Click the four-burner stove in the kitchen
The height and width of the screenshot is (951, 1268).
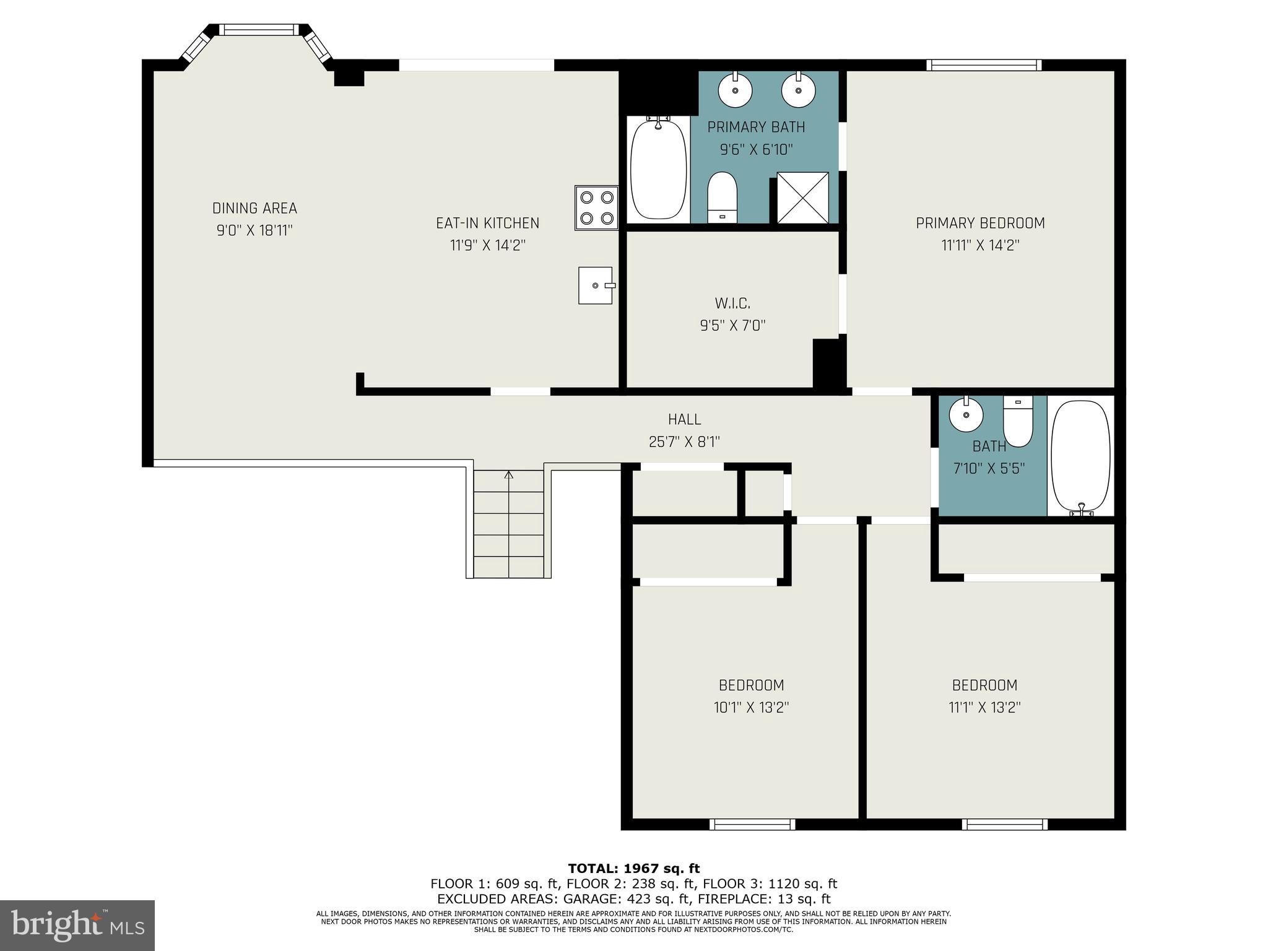click(596, 208)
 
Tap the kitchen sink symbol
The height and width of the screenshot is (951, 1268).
click(596, 285)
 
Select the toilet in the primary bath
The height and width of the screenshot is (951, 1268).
click(722, 197)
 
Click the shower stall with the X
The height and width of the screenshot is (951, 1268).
click(802, 198)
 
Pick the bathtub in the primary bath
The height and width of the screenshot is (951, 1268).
click(658, 169)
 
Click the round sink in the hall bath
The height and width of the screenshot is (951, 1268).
click(966, 414)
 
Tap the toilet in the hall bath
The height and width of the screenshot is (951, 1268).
click(1018, 421)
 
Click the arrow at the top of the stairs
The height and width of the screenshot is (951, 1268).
click(509, 475)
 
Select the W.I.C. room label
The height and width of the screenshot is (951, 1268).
click(732, 303)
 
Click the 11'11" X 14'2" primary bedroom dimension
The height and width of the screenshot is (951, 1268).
click(980, 245)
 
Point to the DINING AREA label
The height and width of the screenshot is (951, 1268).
click(254, 208)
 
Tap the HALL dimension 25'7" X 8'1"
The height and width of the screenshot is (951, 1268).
click(684, 442)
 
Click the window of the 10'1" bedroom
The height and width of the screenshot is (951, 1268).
click(752, 824)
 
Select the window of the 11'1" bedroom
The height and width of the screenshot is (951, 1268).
click(1004, 824)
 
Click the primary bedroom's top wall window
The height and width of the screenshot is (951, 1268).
click(984, 65)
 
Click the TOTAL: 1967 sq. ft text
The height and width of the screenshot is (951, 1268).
click(633, 869)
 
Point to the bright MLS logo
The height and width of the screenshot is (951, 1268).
click(77, 925)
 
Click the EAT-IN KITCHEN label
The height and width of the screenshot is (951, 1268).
click(487, 223)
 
